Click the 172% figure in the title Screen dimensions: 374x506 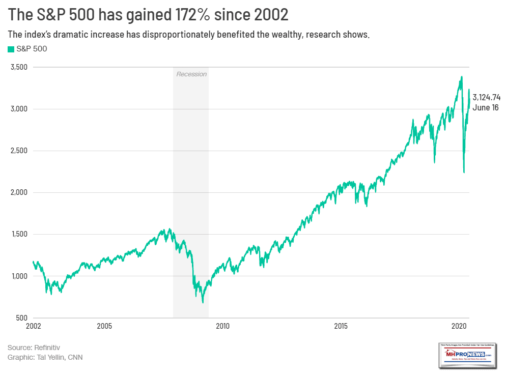[x=205, y=15]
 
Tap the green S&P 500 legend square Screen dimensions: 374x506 [x=10, y=49]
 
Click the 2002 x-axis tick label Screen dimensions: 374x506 [x=33, y=325]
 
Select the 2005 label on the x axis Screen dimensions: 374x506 [x=104, y=325]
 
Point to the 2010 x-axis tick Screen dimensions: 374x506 [x=222, y=325]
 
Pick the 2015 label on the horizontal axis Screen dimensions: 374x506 [x=341, y=325]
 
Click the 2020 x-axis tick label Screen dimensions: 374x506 [x=459, y=325]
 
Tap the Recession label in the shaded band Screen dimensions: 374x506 [x=191, y=74]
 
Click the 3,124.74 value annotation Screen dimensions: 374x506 [x=487, y=97]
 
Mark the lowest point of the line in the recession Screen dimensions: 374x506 [x=203, y=303]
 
